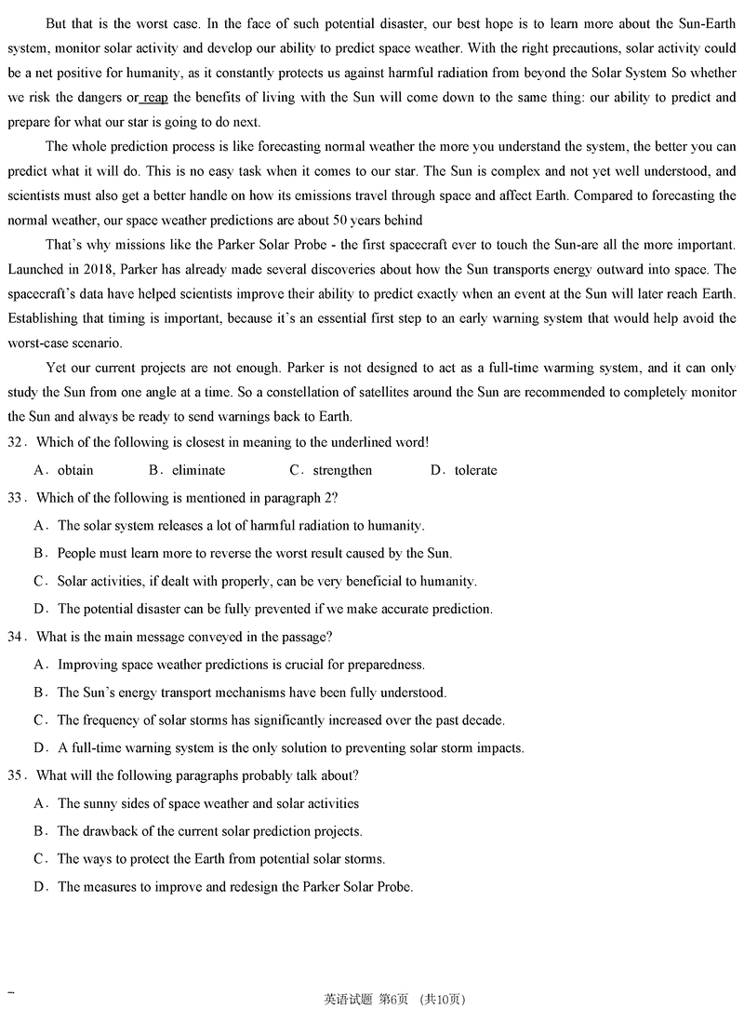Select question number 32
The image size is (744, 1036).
coord(16,442)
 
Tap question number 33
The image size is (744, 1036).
coord(16,498)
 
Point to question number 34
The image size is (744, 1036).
coord(16,638)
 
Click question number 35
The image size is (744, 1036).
coord(16,776)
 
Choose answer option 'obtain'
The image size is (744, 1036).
coord(75,470)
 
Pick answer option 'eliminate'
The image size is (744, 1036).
coord(198,470)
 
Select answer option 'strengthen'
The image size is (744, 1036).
coord(341,470)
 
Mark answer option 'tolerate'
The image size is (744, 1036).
coord(475,470)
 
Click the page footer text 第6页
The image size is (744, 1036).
coord(394,1000)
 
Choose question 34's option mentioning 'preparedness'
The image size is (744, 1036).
coord(241,665)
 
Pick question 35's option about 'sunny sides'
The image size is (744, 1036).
coord(207,803)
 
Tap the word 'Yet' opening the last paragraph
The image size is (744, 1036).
coord(56,368)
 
